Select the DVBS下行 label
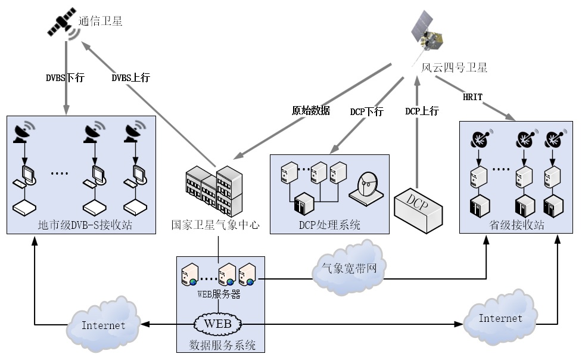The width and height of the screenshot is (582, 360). [x=65, y=77]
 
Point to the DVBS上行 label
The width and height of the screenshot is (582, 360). [x=130, y=77]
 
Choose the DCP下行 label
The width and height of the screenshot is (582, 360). [x=366, y=111]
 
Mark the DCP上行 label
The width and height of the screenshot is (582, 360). [x=422, y=111]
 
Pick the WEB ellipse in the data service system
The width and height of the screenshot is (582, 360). [x=218, y=324]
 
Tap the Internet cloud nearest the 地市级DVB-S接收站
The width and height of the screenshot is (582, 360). [x=104, y=325]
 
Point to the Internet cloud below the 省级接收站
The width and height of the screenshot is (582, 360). [x=500, y=318]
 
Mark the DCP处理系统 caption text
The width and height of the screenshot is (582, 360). [x=329, y=225]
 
